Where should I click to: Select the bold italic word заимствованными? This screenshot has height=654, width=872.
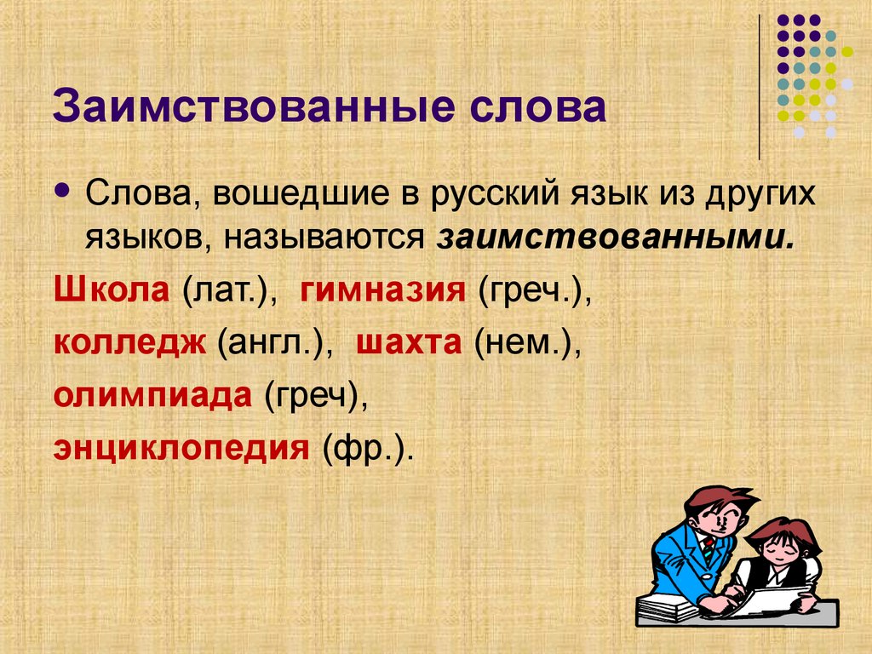coord(616,238)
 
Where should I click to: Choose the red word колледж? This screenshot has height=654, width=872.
coord(131,342)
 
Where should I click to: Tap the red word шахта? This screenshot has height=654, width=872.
coord(409,342)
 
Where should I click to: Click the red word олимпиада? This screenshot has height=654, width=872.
coord(153,394)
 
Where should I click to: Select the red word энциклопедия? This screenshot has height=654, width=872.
coord(180,446)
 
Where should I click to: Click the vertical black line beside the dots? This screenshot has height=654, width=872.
coord(759,85)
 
